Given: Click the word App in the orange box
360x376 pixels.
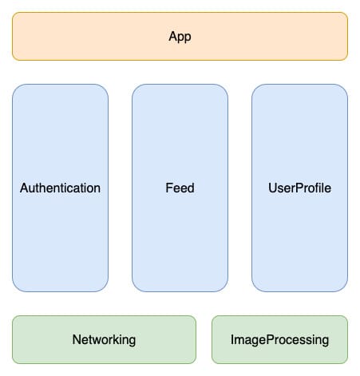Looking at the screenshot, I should coord(180,37).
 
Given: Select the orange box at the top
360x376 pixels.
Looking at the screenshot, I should coord(96,37).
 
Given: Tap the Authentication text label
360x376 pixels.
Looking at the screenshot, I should coord(60,188).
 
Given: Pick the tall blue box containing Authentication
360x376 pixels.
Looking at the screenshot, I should coord(60,128).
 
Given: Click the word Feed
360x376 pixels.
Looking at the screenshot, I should coord(180,188).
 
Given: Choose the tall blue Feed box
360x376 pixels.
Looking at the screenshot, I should coord(180,128).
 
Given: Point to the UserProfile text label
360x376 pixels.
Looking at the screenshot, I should coord(299,188).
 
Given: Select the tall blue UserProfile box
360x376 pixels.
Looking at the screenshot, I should coord(299,128).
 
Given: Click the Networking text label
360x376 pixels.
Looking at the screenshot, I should coord(104,340).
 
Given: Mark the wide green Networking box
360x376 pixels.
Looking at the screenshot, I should coord(48,340).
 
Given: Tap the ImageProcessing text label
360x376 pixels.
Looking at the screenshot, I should coord(279,340).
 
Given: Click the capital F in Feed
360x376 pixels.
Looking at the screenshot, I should coord(167,188).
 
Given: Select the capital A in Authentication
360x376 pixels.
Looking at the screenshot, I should coord(23,188).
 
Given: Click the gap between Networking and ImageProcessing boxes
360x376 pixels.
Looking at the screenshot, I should coord(204,340).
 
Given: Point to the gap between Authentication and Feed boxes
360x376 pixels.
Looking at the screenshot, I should coord(120,188).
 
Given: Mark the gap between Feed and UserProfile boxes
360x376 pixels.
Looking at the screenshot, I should coord(239,188).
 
